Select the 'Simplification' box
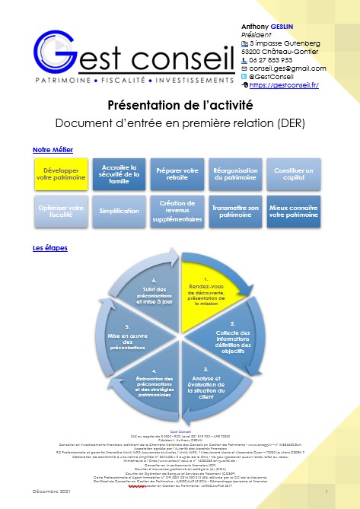(119, 211)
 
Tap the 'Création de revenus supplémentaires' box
(177, 211)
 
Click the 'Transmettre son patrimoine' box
(234, 211)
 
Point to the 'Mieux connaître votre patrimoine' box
(293, 211)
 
